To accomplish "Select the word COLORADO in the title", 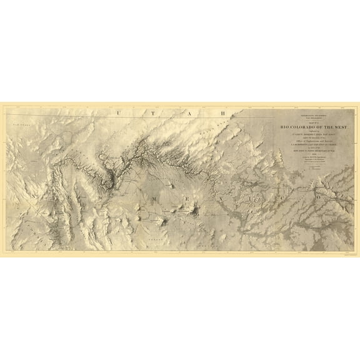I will [x=299, y=127].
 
